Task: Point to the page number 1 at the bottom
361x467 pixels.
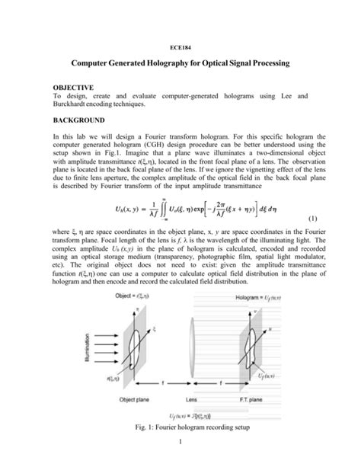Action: tap(180, 461)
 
